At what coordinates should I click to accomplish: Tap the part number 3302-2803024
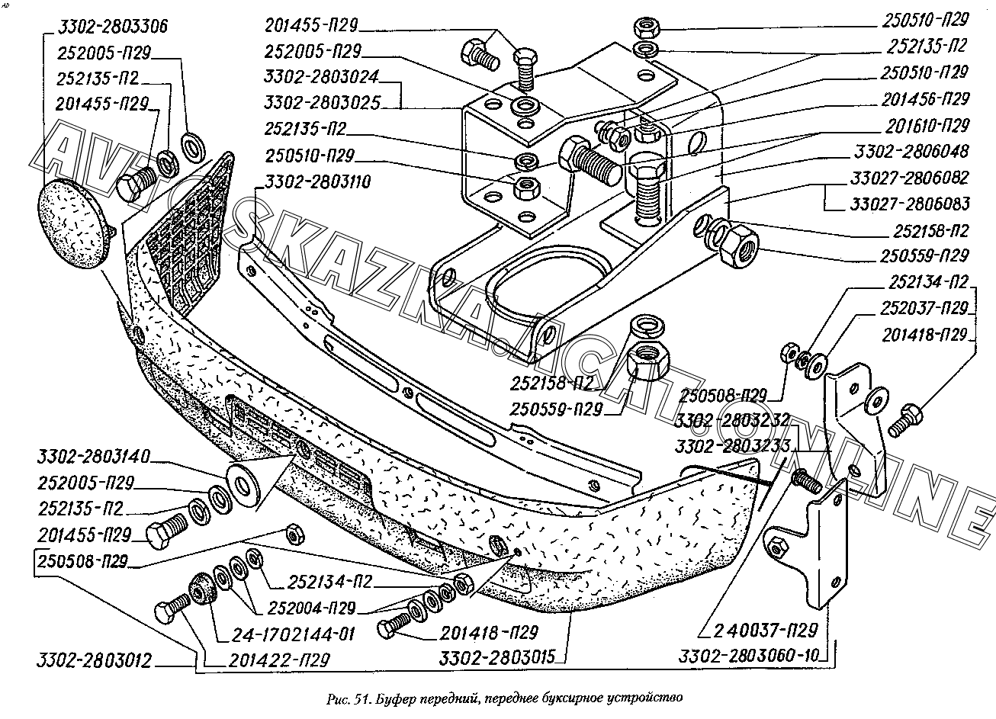coord(322,77)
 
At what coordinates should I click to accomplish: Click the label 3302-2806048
coord(912,151)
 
